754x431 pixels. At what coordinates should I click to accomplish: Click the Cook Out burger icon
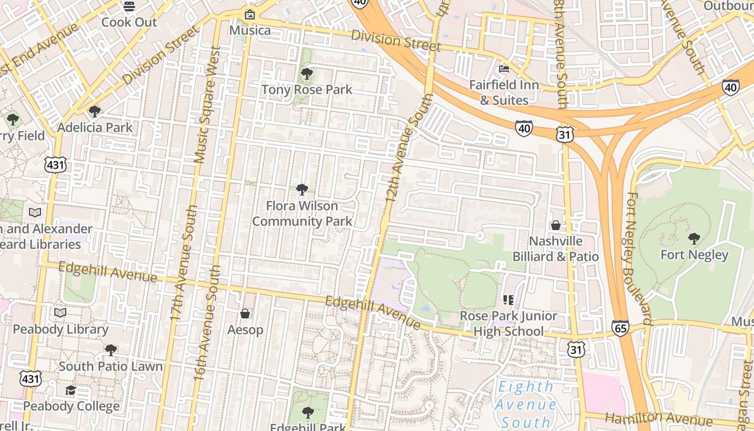tap(129, 6)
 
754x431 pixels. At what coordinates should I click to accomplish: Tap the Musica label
tap(250, 30)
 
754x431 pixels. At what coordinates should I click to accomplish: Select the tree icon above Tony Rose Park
tap(307, 73)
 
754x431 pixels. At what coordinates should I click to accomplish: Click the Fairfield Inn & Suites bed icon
tap(504, 69)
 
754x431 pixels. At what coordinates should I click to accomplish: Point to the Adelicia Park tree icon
tap(95, 112)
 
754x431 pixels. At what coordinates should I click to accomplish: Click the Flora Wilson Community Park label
tap(302, 213)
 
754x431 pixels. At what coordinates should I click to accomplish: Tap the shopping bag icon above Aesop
tap(245, 313)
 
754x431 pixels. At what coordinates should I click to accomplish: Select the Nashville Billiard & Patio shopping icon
tap(555, 225)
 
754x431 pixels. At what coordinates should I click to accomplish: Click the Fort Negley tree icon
tap(694, 238)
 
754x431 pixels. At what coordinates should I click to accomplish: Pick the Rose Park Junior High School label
tap(508, 323)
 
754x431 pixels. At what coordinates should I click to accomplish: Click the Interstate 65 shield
tap(620, 328)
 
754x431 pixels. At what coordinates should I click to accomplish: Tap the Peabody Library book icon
tap(60, 312)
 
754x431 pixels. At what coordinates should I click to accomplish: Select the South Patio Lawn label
tap(110, 366)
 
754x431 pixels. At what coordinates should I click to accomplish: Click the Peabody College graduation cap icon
tap(71, 390)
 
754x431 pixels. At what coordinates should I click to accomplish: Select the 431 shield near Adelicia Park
tap(56, 165)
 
